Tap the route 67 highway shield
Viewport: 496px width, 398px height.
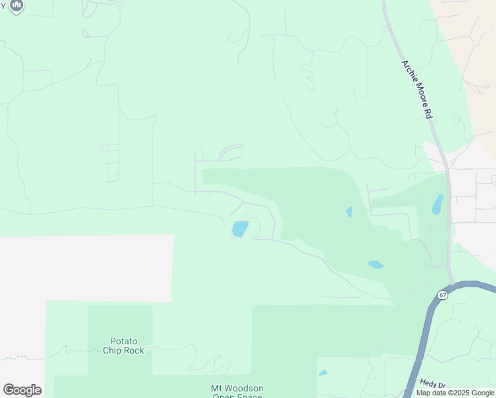coord(442,294)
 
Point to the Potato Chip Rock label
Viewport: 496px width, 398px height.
coord(123,346)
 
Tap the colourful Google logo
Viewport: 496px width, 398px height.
coord(22,390)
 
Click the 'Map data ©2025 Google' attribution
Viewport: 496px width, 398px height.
coord(454,393)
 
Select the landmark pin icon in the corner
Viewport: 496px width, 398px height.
coord(17,5)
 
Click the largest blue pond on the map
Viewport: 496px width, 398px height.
coord(239,230)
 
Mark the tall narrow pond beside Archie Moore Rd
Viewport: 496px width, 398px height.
coord(437,204)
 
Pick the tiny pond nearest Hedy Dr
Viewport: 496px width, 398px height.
coord(322,373)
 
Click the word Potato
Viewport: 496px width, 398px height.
coord(123,341)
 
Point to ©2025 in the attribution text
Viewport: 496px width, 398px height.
coord(451,393)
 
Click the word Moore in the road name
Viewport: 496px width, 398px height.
coord(419,94)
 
